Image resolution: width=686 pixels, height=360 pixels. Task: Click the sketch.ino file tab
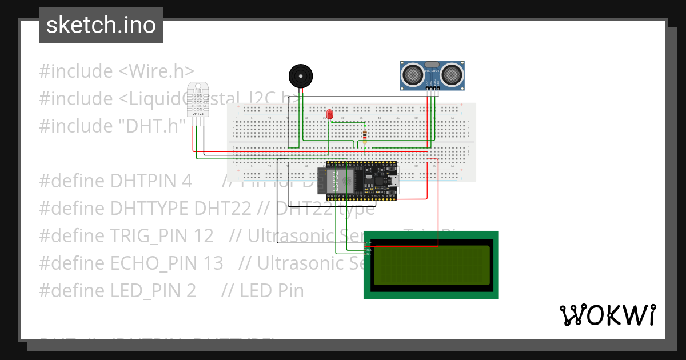[101, 25]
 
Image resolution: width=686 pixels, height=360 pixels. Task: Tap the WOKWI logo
[607, 315]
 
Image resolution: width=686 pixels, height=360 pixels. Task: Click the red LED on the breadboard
[330, 114]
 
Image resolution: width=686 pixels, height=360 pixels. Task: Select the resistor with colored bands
[365, 135]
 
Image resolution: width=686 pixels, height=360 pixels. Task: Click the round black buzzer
[301, 75]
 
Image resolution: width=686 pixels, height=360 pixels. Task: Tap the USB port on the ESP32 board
[393, 182]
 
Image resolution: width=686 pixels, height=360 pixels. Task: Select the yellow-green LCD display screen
[431, 265]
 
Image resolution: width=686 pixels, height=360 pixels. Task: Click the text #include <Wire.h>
[117, 71]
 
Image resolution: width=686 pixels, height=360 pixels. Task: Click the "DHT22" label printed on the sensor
[198, 114]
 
